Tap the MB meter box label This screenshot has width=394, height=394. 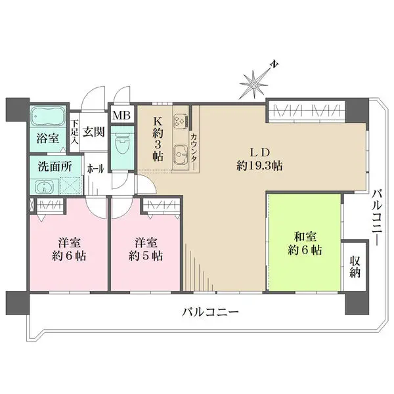(x=121, y=116)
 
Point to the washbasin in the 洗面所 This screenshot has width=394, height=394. (x=45, y=187)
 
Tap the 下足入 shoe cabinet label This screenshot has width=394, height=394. (x=76, y=131)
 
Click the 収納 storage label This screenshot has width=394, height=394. (x=355, y=265)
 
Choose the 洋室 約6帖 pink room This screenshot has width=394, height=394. (x=66, y=248)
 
